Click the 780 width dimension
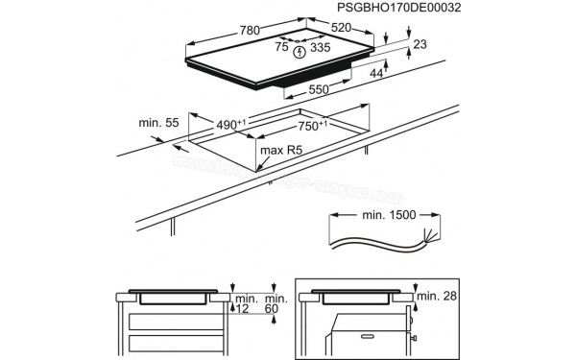pyautogui.click(x=250, y=31)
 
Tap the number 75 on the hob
pyautogui.click(x=281, y=45)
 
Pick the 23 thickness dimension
pyautogui.click(x=420, y=44)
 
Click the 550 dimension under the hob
pyautogui.click(x=320, y=89)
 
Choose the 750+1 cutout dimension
pyautogui.click(x=311, y=125)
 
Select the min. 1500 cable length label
pyautogui.click(x=385, y=215)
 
